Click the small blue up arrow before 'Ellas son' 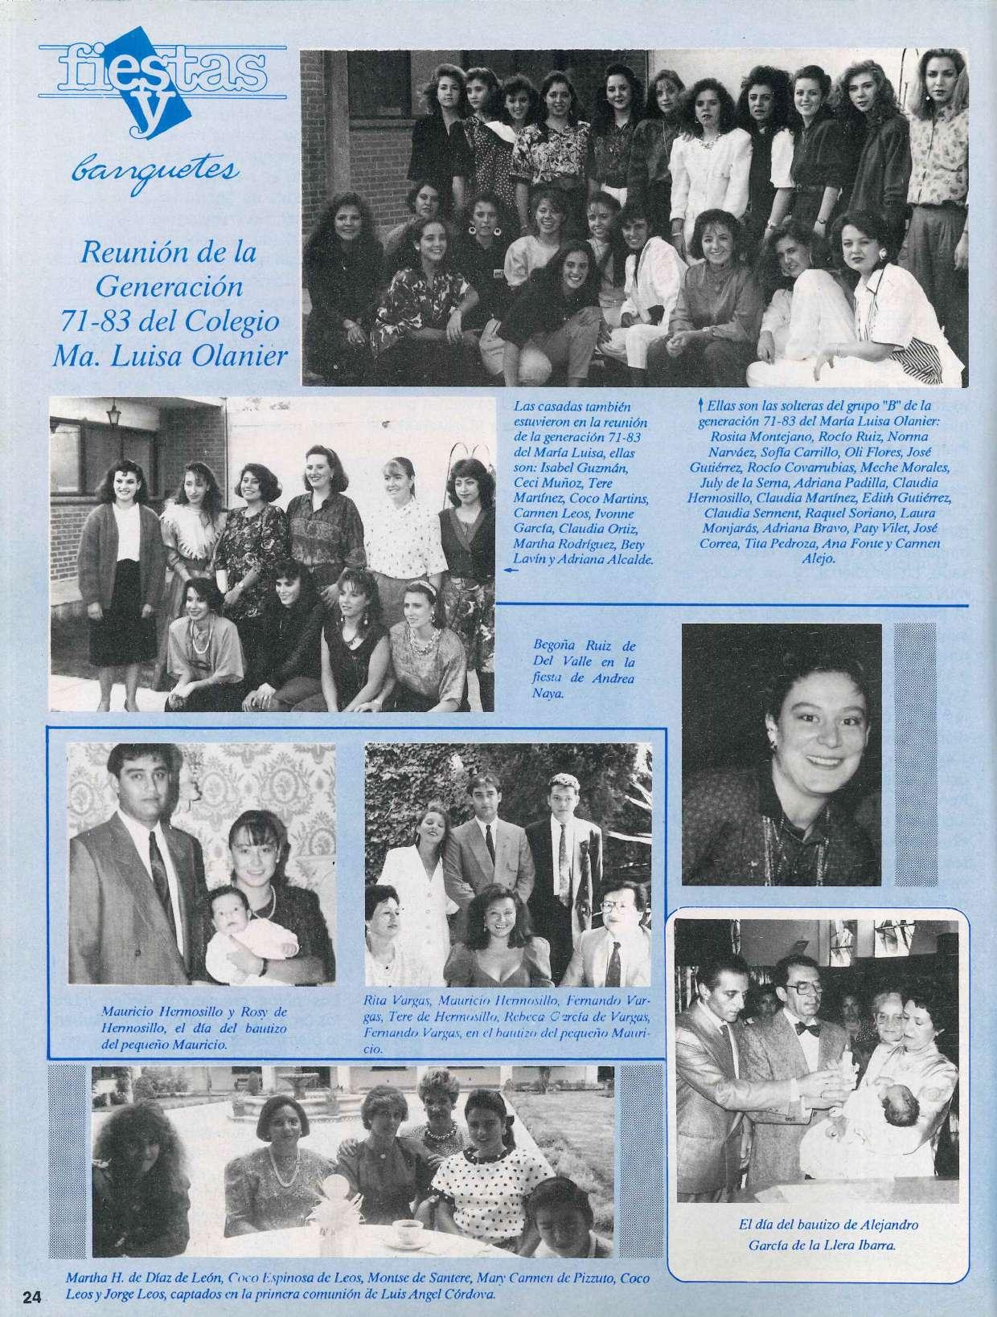(703, 408)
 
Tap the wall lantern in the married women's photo (113, 415)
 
